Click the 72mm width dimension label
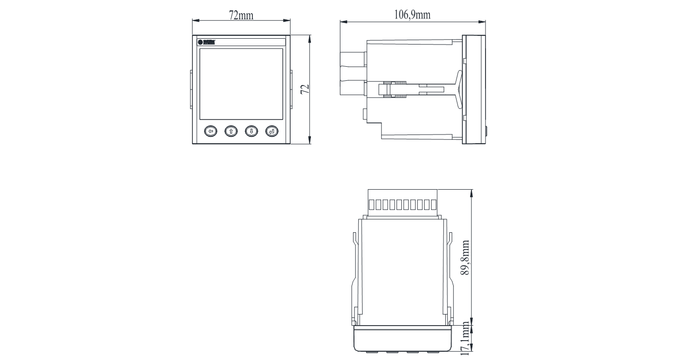[x=241, y=15]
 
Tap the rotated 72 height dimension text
[x=305, y=89]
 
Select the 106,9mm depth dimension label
[x=412, y=15]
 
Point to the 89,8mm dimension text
[x=465, y=257]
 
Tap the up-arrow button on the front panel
[x=231, y=131]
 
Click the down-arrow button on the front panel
[x=251, y=131]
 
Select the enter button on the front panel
[x=272, y=131]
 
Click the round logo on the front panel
[x=200, y=42]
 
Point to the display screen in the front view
[x=241, y=84]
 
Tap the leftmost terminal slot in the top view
[x=371, y=204]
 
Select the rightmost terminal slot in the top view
[x=433, y=204]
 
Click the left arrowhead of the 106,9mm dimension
[x=343, y=21]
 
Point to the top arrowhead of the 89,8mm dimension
[x=471, y=192]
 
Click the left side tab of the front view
[x=191, y=89]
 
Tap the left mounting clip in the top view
[x=354, y=278]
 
